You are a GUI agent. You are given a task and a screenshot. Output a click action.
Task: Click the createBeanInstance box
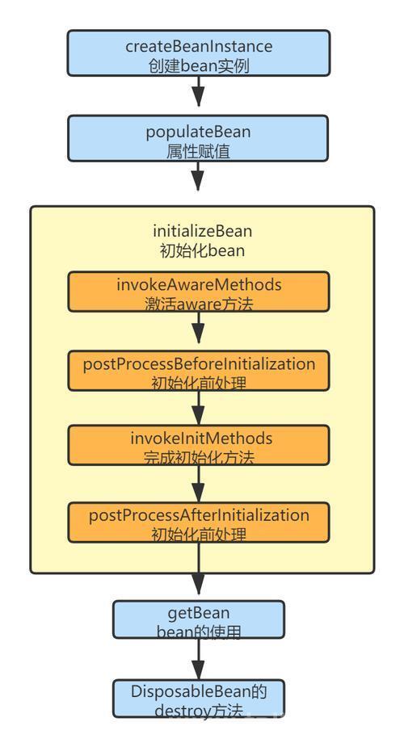pos(198,52)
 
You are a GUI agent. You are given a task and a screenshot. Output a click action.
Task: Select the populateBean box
pos(198,138)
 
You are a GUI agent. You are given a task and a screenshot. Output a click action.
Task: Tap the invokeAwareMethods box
pos(198,292)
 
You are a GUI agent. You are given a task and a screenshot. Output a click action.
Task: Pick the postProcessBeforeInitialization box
pos(198,371)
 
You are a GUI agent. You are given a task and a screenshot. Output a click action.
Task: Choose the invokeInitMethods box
pos(198,445)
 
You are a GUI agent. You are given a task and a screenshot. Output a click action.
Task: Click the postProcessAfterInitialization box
pos(198,522)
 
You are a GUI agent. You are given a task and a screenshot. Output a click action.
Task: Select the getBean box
pos(198,619)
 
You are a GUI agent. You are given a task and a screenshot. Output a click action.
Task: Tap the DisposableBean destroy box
pos(198,699)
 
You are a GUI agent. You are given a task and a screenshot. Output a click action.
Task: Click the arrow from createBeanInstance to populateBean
pos(198,91)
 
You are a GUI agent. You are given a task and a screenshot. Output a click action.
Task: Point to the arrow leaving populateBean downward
pos(198,176)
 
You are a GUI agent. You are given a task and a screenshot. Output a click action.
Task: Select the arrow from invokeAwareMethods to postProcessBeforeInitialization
pos(198,328)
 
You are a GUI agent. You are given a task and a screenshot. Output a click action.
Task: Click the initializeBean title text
pos(203,231)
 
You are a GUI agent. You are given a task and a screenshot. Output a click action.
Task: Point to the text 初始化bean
pos(203,250)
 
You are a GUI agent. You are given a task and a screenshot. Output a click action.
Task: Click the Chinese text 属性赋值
pos(198,152)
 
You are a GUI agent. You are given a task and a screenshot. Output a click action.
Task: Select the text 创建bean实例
pos(198,65)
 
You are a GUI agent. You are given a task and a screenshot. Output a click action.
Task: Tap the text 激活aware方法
pos(199,304)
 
